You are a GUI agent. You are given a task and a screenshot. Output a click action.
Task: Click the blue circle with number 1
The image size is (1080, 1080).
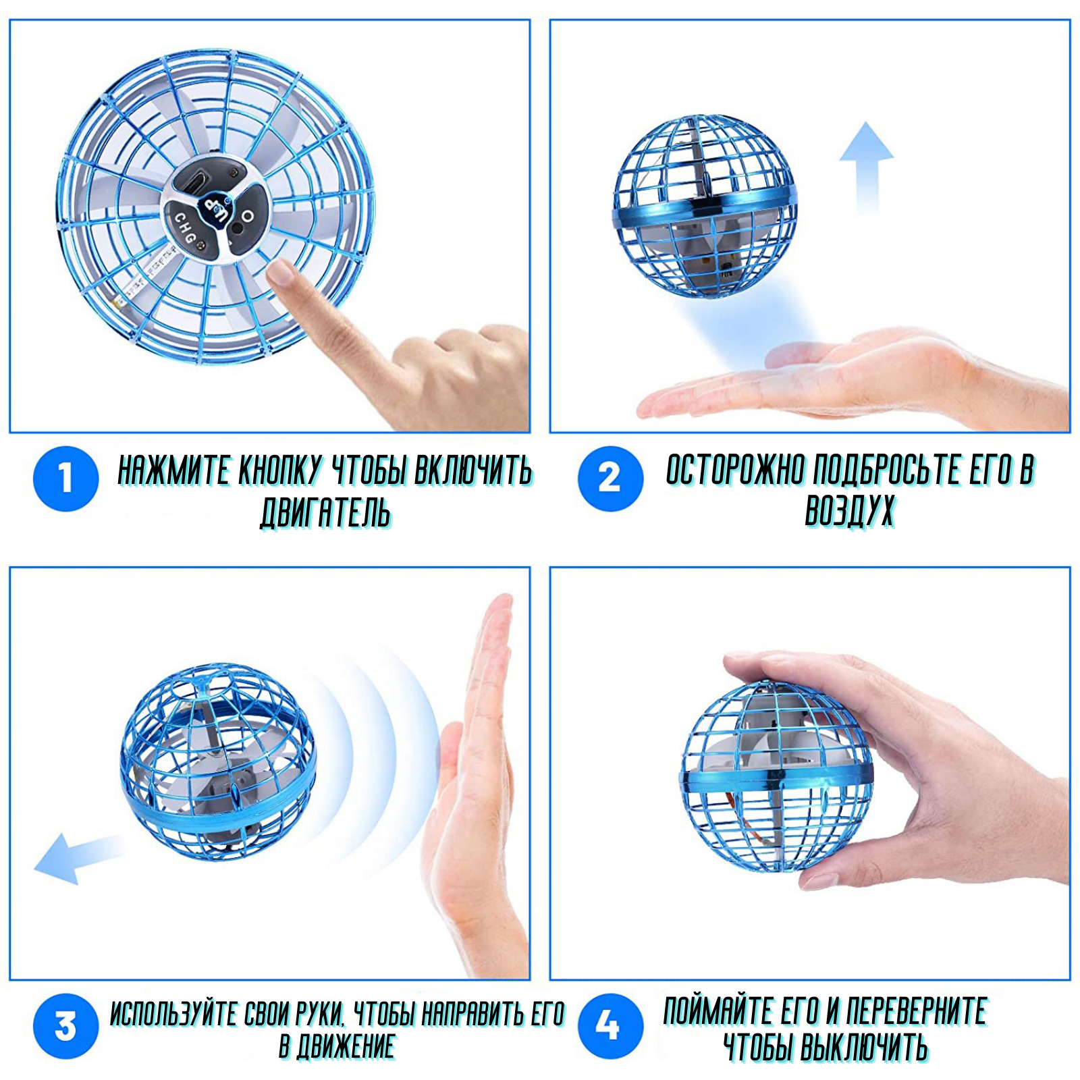tap(65, 479)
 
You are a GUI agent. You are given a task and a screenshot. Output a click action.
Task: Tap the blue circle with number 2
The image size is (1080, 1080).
tap(610, 479)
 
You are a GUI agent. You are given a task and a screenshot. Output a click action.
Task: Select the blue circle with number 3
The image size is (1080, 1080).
tap(65, 1026)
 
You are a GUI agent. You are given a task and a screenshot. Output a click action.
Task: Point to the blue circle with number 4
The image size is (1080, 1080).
tap(610, 1026)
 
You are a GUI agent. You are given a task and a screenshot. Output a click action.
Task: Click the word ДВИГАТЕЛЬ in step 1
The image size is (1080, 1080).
tap(326, 512)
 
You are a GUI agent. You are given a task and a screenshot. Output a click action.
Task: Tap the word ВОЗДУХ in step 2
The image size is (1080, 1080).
tap(850, 510)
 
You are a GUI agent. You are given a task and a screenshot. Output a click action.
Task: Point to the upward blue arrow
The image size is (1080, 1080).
tap(866, 169)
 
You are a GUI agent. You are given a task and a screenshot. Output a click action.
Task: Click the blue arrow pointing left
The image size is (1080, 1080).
tap(78, 857)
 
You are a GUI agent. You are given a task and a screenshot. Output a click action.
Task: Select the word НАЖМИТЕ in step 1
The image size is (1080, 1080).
tap(173, 470)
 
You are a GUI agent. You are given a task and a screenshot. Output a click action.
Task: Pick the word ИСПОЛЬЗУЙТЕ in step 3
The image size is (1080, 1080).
tap(174, 1014)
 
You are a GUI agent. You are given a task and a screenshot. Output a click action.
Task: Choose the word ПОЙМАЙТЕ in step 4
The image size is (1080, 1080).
tap(718, 1011)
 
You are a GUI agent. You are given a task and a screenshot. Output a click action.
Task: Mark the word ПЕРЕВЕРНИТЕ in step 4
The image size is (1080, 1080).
tap(917, 1011)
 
